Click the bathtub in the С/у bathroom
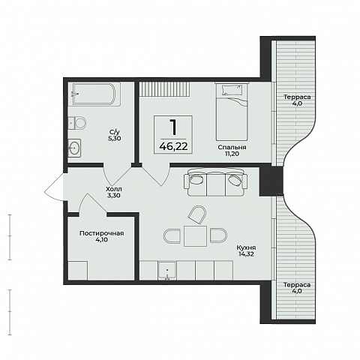tap(96, 94)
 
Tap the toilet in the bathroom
tap(77, 123)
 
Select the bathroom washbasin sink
tap(75, 148)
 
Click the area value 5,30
tap(115, 138)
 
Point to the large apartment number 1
tap(173, 127)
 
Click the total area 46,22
tap(173, 147)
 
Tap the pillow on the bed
tap(232, 89)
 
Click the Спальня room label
tap(232, 148)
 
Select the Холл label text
tap(114, 189)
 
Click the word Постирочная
tap(101, 233)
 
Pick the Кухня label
tap(246, 247)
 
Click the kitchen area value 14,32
tap(246, 254)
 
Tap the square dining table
tap(195, 236)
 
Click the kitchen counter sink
tap(167, 271)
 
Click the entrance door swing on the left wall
tap(54, 187)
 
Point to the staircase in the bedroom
tap(164, 88)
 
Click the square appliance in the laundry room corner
tap(78, 271)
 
